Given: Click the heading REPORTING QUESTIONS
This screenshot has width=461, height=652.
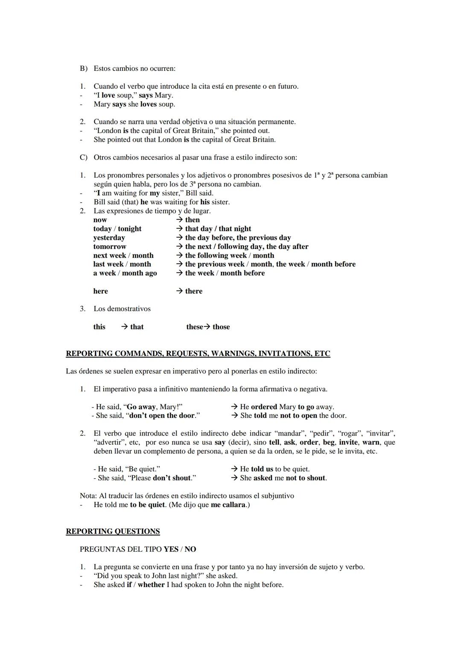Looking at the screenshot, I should point(113,531).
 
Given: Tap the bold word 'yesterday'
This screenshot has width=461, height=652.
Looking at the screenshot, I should point(109,238).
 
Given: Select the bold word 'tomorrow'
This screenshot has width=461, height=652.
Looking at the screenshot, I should point(110,247).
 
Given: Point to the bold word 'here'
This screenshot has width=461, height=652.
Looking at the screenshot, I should point(101,291).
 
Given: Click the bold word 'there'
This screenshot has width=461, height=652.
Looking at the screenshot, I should point(194,291).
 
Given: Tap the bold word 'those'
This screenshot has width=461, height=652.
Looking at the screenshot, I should point(221,327).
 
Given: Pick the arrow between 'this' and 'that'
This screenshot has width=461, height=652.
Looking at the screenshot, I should point(124,327).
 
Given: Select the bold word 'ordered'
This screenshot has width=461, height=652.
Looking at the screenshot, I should point(264,407).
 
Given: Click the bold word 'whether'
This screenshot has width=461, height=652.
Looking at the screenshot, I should point(151,585).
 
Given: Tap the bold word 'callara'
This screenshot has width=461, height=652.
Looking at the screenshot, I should point(234,505).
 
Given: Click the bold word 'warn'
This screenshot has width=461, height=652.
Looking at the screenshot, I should point(371,442).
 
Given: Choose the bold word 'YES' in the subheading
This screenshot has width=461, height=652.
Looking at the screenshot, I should point(171,549).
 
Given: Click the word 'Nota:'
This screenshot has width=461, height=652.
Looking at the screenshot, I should point(88,496).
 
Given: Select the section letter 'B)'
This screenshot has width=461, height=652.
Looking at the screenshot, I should point(84,68).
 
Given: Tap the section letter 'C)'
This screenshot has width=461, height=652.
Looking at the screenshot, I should point(84,157).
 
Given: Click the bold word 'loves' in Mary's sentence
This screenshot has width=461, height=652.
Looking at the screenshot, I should point(149,104).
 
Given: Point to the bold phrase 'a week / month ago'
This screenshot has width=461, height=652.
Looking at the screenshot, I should point(125,273).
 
